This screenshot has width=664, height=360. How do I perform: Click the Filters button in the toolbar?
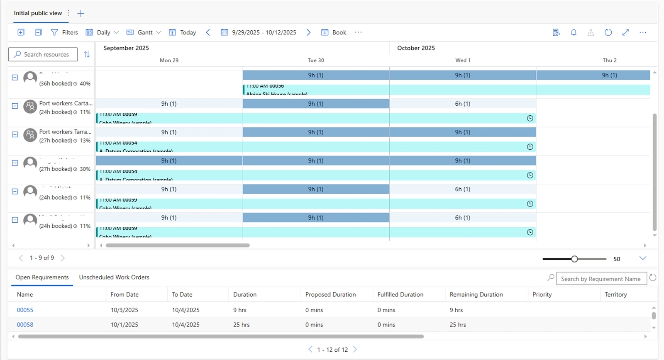click(64, 32)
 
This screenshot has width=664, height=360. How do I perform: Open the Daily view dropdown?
click(102, 32)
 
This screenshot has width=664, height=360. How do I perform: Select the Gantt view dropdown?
click(144, 32)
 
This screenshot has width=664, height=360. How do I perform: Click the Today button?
click(183, 32)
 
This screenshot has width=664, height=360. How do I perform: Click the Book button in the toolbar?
click(334, 32)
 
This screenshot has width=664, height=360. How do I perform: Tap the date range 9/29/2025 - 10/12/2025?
click(259, 32)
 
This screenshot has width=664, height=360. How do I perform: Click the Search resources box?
click(43, 54)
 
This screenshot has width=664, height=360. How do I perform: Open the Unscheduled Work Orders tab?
click(114, 277)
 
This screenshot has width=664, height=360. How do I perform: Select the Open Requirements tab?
click(42, 277)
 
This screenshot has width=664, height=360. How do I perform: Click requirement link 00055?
click(25, 310)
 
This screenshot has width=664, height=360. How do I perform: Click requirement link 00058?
click(25, 325)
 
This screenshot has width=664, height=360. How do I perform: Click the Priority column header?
click(542, 294)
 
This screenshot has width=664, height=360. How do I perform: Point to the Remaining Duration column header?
click(476, 294)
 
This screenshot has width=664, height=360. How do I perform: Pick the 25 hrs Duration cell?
click(241, 325)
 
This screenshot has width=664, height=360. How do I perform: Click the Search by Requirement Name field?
click(601, 279)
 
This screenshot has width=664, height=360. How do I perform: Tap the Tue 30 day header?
click(316, 60)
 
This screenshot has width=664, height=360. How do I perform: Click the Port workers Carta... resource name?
click(66, 103)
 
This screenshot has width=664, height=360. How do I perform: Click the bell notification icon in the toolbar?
click(574, 32)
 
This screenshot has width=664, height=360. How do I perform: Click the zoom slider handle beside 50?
click(574, 259)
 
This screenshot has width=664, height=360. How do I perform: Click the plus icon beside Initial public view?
click(81, 13)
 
